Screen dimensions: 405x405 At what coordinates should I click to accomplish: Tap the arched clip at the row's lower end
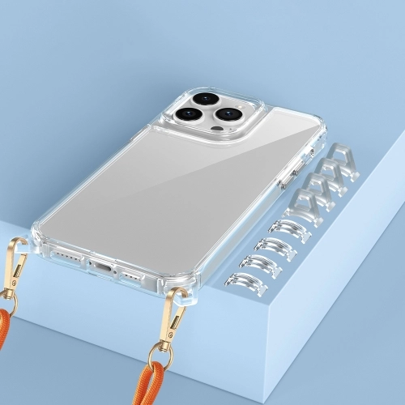tap(246, 284)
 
